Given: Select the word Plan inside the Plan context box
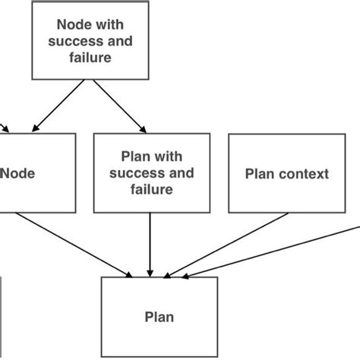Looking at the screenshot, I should pyautogui.click(x=258, y=174).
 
